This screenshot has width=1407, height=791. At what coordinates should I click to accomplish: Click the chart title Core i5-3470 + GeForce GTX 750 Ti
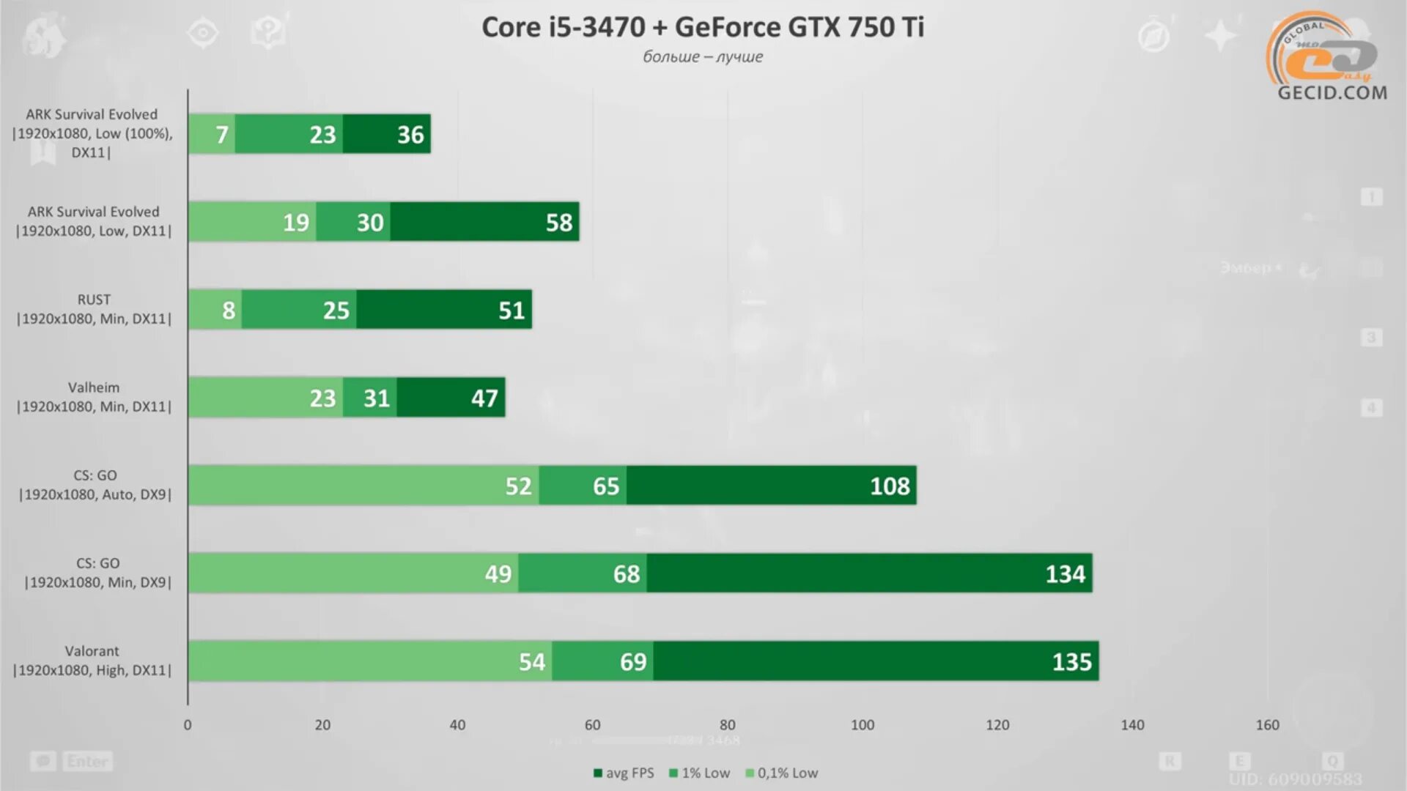click(702, 28)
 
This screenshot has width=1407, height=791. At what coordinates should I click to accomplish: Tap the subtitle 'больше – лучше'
click(702, 57)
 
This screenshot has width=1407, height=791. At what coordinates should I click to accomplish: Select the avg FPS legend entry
click(624, 773)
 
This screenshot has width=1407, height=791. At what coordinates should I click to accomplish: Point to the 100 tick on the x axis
click(862, 725)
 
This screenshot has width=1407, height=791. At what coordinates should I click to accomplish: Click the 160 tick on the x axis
click(1267, 725)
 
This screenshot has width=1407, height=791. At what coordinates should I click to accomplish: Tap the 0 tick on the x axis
click(188, 725)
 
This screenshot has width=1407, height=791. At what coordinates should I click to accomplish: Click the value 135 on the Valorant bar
click(1071, 662)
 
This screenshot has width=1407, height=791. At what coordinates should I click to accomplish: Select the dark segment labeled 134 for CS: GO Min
click(868, 573)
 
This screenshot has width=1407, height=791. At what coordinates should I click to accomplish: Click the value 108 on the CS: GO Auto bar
click(889, 486)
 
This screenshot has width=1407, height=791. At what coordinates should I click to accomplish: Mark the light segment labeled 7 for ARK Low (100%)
click(213, 135)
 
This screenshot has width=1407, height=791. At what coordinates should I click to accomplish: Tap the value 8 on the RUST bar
click(229, 311)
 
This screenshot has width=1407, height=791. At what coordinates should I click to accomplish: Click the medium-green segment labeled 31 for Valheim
click(371, 398)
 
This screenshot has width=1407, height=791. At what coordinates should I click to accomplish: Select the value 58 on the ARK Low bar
click(558, 223)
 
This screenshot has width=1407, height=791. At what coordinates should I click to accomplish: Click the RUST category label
click(94, 309)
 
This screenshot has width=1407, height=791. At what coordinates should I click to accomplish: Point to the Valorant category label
click(92, 661)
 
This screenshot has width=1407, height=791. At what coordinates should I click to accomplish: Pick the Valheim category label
click(94, 397)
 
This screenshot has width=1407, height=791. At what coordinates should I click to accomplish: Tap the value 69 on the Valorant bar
click(633, 662)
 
